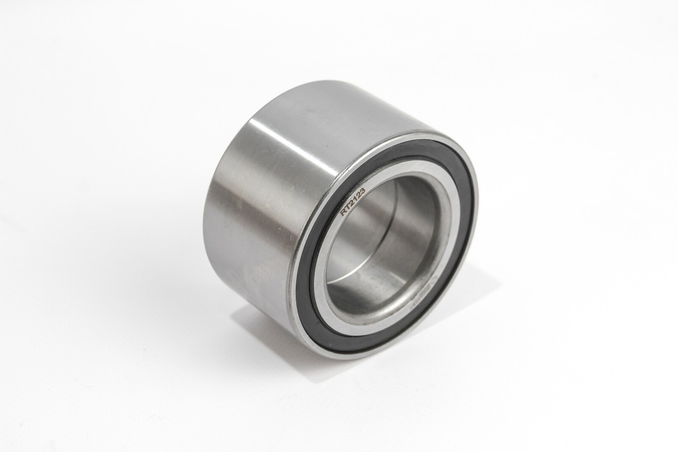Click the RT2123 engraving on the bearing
click(x=353, y=201)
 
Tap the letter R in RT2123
click(x=344, y=212)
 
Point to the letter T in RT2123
click(x=348, y=207)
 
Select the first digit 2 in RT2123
click(x=352, y=203)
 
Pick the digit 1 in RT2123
click(x=355, y=198)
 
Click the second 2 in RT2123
click(x=358, y=195)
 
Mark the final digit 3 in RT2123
click(x=362, y=190)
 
